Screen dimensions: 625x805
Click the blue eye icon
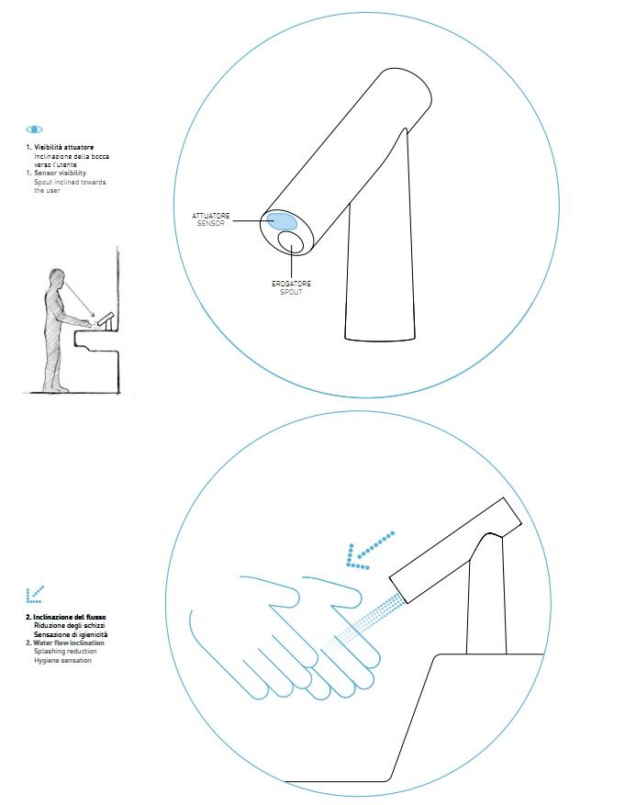click(x=34, y=129)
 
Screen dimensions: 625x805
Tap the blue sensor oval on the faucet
click(x=282, y=221)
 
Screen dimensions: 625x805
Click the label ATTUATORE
click(x=211, y=216)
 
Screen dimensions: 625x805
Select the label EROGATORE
click(x=292, y=284)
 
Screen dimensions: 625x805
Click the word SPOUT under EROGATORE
click(x=291, y=292)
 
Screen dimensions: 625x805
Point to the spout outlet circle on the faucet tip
click(x=291, y=241)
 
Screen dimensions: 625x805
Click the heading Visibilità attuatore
click(x=63, y=148)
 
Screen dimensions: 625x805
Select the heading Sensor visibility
click(x=60, y=173)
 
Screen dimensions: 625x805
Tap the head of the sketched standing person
click(x=58, y=277)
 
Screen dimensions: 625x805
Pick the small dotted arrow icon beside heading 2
click(x=34, y=594)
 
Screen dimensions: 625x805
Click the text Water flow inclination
click(x=69, y=643)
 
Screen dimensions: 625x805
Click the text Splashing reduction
click(x=65, y=652)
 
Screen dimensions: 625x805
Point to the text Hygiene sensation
click(x=62, y=660)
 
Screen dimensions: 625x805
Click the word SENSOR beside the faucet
click(x=211, y=223)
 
